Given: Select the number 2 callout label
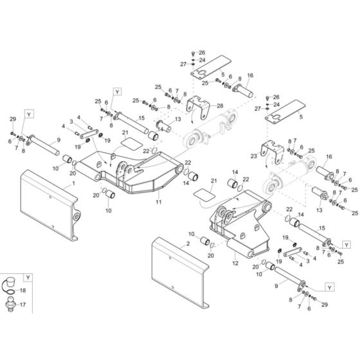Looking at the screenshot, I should point(188,245).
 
